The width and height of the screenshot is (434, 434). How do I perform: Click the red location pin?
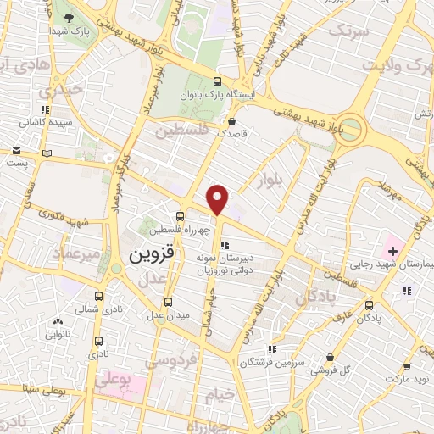(218, 200)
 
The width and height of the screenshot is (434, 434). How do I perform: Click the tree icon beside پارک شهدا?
(69, 17)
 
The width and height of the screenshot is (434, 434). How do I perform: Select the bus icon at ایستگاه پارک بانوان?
(217, 81)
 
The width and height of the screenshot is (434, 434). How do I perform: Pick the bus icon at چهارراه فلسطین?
(179, 216)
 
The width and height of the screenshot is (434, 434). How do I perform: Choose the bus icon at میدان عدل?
(167, 302)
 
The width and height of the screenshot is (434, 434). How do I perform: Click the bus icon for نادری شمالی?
(99, 297)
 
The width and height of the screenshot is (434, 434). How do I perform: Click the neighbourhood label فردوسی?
(172, 362)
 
